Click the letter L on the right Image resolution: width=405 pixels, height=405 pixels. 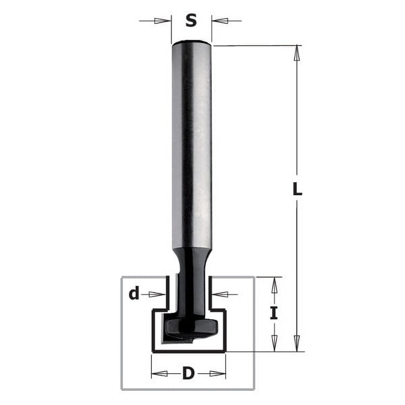pyautogui.click(x=297, y=190)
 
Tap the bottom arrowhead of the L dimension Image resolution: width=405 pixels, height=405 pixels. pyautogui.click(x=297, y=343)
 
